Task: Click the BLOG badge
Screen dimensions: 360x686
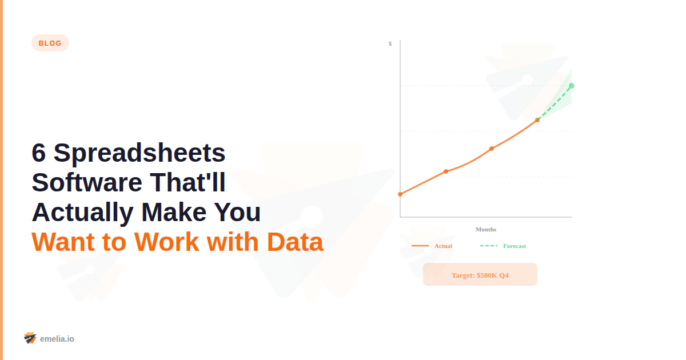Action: (x=50, y=43)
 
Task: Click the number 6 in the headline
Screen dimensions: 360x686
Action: (x=38, y=153)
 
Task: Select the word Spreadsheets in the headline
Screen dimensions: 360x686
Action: (x=139, y=153)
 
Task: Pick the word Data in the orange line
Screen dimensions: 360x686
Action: (x=294, y=242)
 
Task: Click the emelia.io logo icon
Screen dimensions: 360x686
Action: (x=30, y=338)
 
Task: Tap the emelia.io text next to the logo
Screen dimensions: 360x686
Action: (x=57, y=339)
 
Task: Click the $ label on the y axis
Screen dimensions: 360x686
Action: (x=390, y=43)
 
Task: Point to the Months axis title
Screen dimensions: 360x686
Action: (x=486, y=229)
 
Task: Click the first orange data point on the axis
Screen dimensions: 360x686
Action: (x=400, y=194)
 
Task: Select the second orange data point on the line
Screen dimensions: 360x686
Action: (x=446, y=171)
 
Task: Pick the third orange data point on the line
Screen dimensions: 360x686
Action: (x=492, y=149)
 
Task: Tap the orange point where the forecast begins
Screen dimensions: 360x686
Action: (x=537, y=120)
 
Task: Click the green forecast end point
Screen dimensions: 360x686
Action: (x=572, y=86)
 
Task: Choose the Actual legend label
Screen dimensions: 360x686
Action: (x=443, y=246)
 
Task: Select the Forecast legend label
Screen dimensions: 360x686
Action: (x=514, y=246)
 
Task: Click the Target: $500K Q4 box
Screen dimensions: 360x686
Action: (x=480, y=275)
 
